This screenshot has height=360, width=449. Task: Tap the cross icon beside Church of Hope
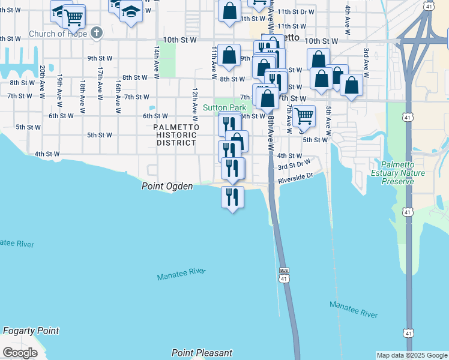click(96, 32)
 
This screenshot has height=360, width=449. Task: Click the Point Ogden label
click(167, 187)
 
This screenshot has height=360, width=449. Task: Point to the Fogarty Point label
click(31, 331)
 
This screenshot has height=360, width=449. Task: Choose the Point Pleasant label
click(202, 353)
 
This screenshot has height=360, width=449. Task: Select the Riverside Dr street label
click(295, 179)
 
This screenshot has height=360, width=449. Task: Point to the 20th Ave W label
click(43, 82)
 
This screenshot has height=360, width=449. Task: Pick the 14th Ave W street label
click(156, 60)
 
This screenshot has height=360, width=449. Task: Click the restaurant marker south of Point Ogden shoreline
click(232, 197)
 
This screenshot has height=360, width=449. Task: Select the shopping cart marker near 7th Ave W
click(304, 116)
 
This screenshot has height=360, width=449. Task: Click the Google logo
click(20, 353)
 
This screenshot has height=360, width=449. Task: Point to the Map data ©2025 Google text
click(411, 355)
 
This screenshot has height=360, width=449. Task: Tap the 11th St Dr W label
click(295, 12)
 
